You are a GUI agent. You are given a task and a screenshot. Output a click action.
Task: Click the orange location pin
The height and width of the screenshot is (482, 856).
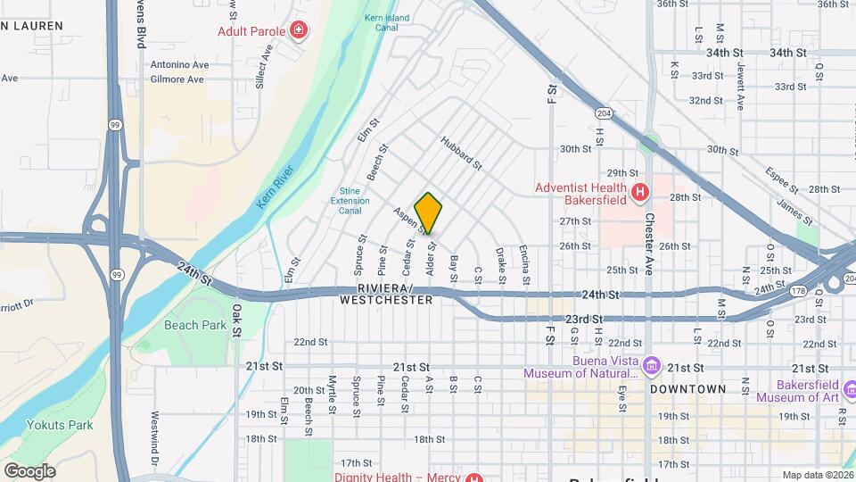click(x=428, y=212)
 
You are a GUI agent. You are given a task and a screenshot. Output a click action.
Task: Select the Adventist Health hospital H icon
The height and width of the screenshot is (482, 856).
click(x=638, y=192)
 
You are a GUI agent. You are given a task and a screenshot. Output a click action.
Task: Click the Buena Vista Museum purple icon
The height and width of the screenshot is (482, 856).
click(x=652, y=366)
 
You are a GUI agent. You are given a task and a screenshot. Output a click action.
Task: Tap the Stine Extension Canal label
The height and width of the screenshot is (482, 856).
click(x=355, y=201)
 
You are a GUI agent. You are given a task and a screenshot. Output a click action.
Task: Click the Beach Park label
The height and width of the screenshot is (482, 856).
click(x=195, y=325)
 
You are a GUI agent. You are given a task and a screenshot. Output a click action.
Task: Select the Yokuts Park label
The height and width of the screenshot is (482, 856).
click(x=59, y=425)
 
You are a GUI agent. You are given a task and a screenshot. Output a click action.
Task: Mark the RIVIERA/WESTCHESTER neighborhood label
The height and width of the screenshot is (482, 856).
click(x=386, y=295)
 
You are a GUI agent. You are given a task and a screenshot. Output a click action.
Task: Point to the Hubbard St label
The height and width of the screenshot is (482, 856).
click(x=461, y=152)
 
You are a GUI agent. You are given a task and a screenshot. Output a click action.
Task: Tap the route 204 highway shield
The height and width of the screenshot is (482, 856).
click(x=604, y=113)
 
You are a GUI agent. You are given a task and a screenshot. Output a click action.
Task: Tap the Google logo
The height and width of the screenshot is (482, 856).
click(x=29, y=471)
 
